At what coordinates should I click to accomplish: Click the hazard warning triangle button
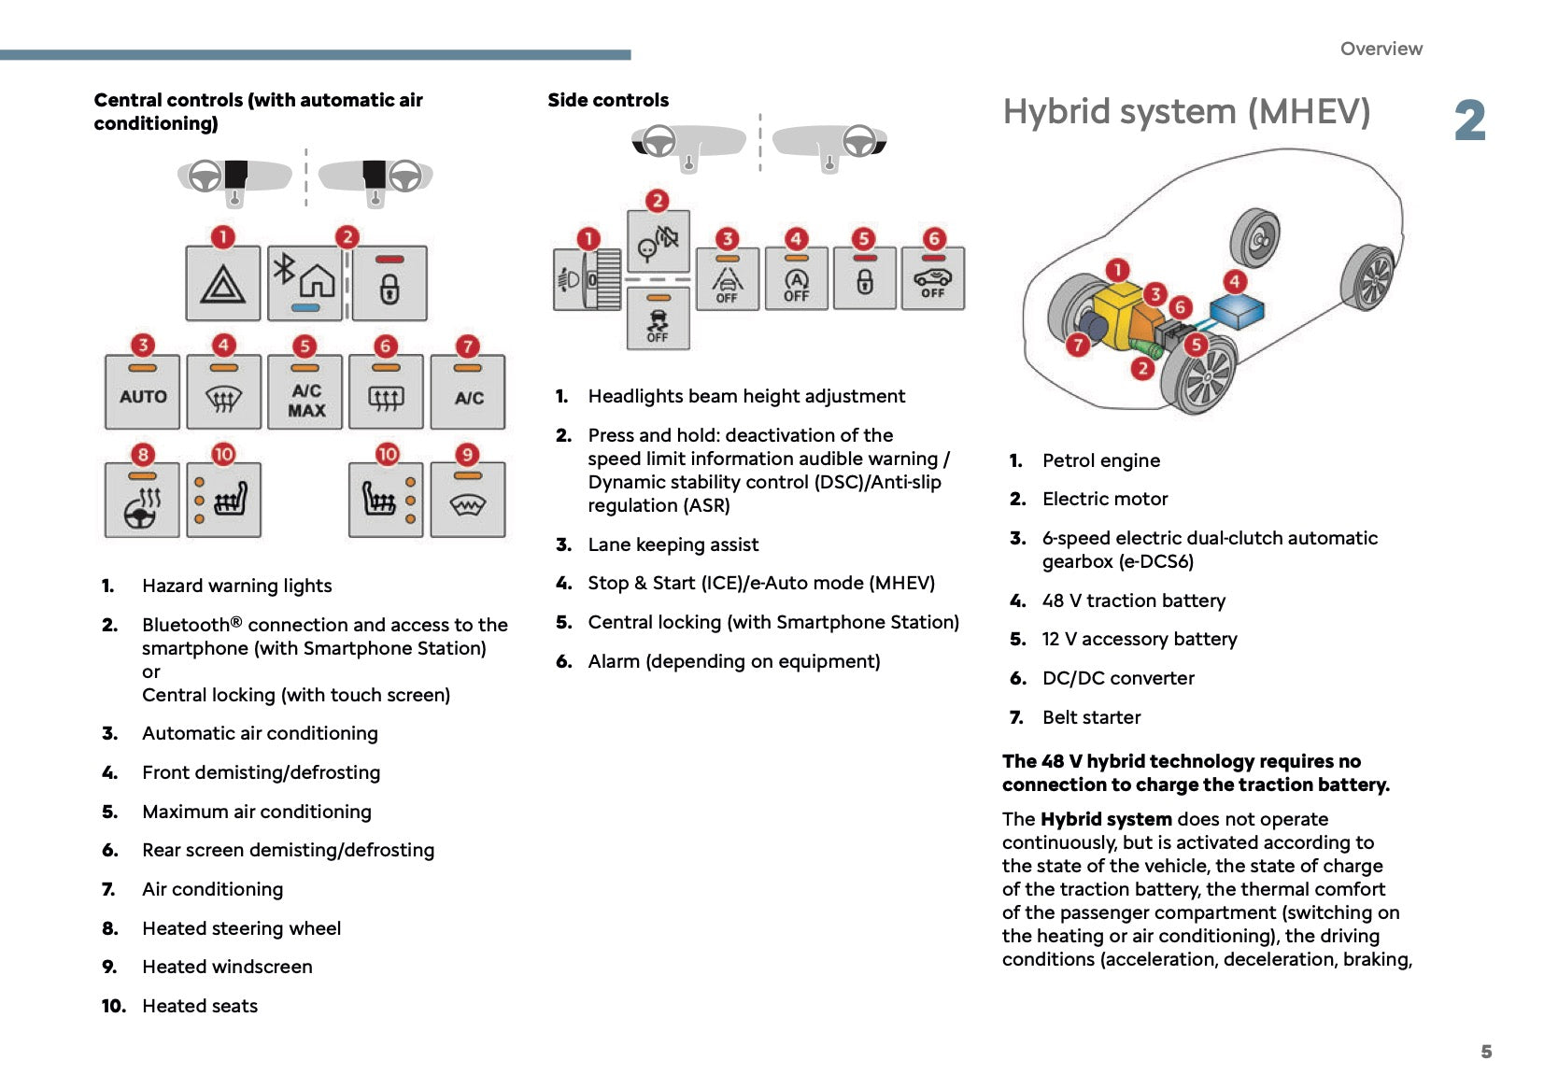(222, 283)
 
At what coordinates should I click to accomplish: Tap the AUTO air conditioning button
(142, 392)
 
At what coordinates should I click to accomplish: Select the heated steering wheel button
(142, 501)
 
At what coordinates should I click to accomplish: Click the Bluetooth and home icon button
(306, 283)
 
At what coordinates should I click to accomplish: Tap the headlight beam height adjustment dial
(587, 279)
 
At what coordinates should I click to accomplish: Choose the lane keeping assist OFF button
(727, 279)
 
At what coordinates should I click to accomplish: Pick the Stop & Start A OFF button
(796, 279)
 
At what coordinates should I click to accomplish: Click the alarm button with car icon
(932, 279)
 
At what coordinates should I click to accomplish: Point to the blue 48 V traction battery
(1237, 312)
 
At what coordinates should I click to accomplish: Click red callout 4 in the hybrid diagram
(1234, 281)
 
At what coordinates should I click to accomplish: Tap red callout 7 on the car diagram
(1078, 346)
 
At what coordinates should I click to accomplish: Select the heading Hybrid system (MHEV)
(1186, 112)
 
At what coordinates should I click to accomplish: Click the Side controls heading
(608, 100)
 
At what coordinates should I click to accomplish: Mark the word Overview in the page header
(1381, 49)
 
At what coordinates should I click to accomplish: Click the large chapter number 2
(1469, 121)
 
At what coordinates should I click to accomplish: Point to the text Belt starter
(1091, 717)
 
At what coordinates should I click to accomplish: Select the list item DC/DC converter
(1118, 678)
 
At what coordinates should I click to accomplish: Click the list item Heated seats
(200, 1006)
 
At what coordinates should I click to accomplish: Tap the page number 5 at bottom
(1486, 1052)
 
